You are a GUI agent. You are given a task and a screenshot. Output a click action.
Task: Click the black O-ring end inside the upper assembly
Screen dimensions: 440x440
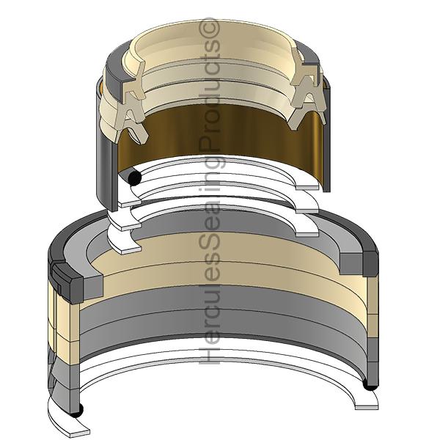[134, 178]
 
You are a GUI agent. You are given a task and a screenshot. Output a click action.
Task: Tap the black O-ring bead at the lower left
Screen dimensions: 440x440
[76, 410]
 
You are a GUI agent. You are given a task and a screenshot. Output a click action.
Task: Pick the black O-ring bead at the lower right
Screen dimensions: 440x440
[370, 385]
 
